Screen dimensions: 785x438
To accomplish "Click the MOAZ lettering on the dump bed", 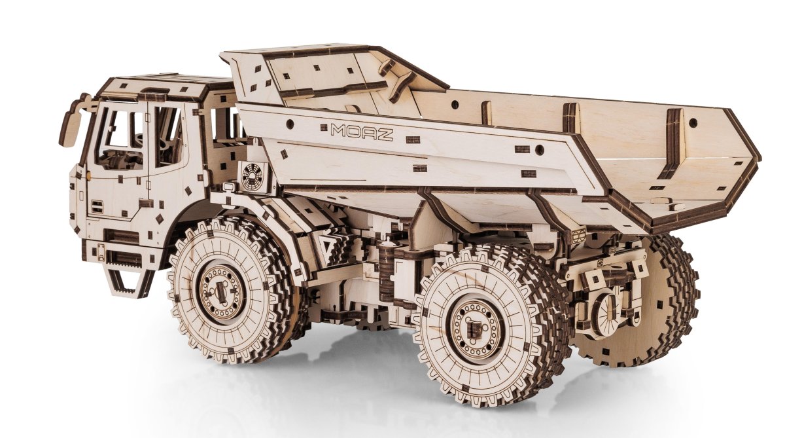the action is coord(362,132).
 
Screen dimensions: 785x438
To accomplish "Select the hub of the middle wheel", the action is coord(474,328).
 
